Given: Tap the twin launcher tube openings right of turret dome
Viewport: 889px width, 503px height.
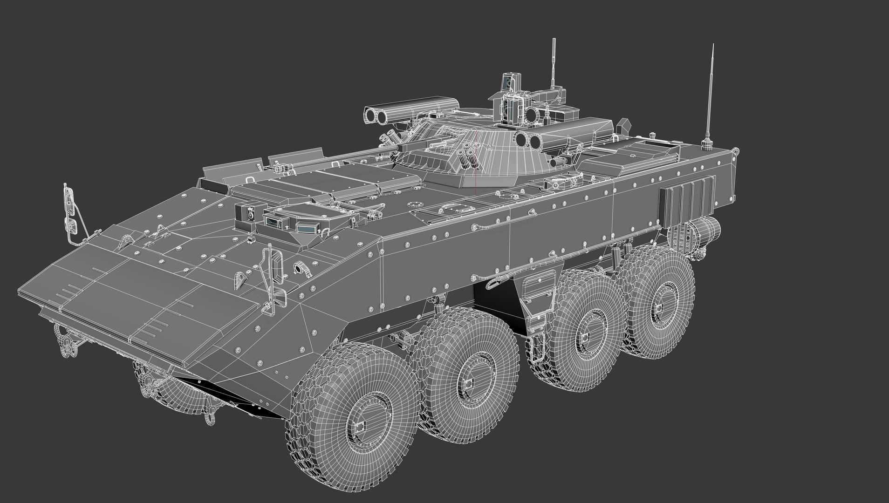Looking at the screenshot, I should pos(528,139).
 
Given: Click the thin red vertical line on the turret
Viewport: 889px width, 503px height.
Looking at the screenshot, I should pos(476,158).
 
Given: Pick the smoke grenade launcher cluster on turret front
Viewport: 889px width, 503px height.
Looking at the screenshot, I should pos(468,156).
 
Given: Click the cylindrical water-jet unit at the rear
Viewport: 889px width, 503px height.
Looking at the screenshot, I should pos(706,231).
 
